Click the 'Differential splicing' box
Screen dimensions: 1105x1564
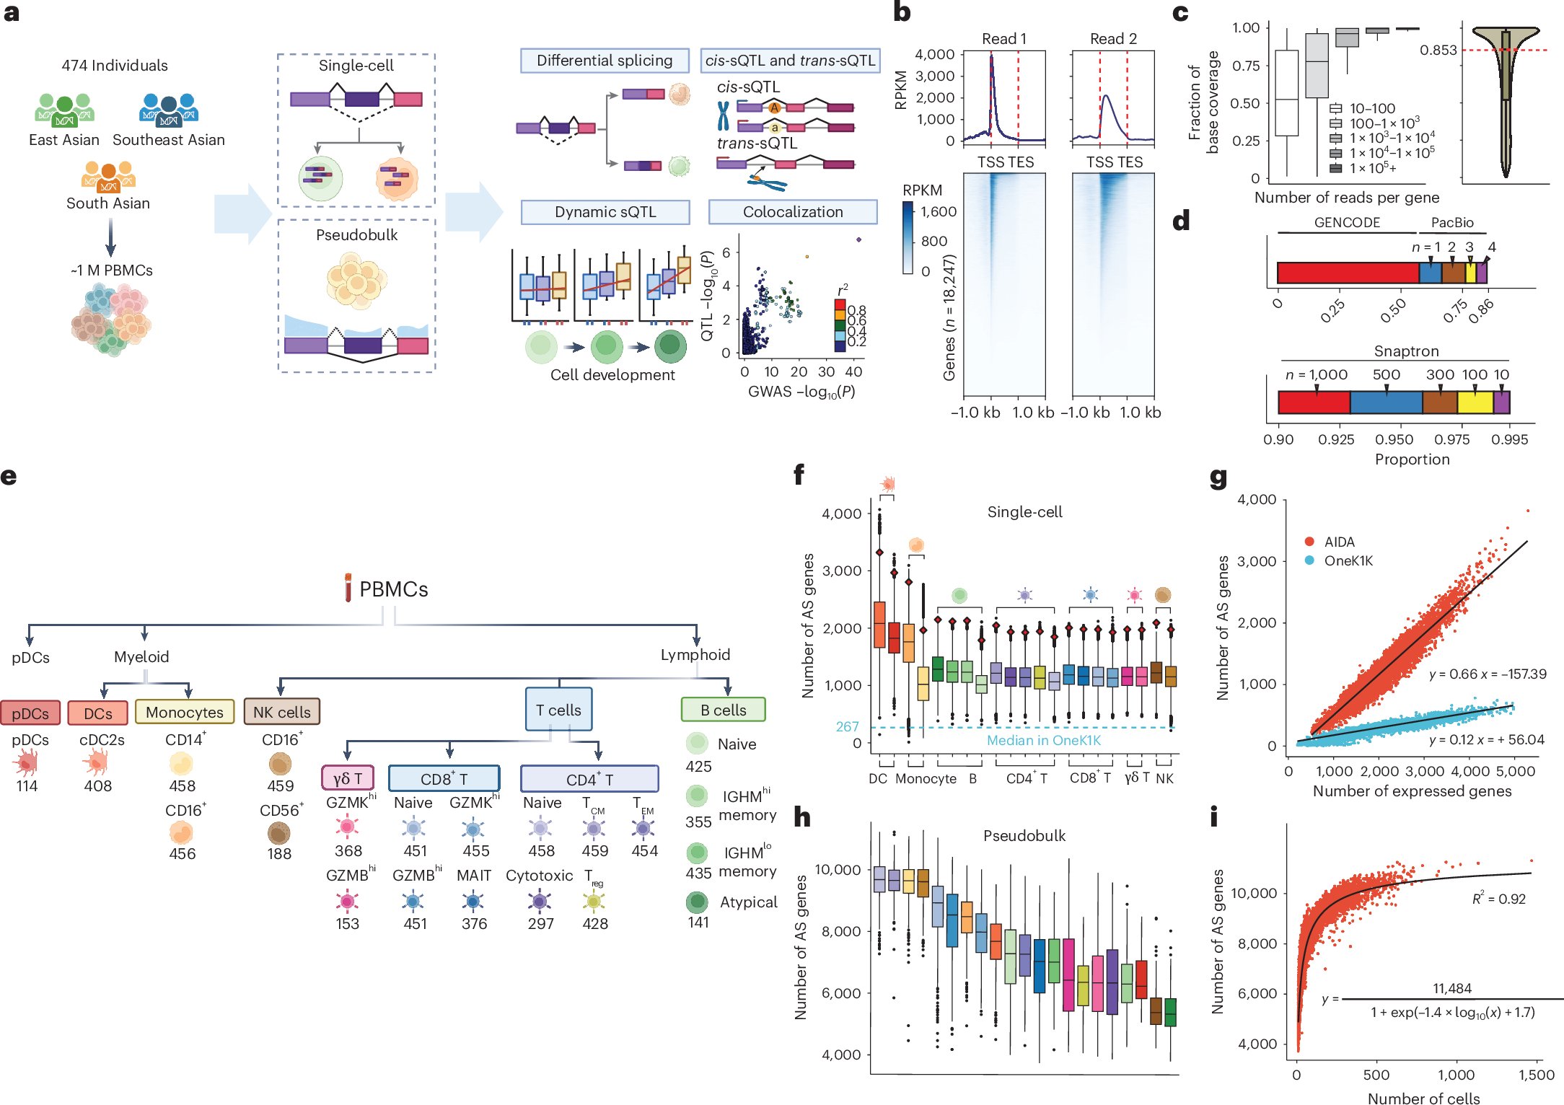click(604, 61)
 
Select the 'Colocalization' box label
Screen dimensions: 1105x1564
click(792, 212)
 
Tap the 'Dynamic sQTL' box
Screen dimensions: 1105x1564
click(605, 212)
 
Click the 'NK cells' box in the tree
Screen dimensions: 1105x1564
click(281, 712)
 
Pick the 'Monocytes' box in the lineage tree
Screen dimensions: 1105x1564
click(185, 712)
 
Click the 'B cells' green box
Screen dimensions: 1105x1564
click(723, 710)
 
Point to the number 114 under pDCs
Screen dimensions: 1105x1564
click(27, 786)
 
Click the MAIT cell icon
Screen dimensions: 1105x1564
click(473, 901)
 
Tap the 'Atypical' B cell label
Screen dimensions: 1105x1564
click(748, 902)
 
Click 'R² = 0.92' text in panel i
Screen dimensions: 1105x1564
click(1498, 899)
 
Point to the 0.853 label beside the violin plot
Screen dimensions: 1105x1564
click(1438, 50)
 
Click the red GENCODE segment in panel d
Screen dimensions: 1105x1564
click(1347, 273)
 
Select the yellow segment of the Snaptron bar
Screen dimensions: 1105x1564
click(1475, 402)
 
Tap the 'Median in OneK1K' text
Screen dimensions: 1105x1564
click(1043, 740)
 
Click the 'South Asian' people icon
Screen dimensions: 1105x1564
click(108, 175)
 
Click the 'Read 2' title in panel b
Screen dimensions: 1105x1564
click(1112, 39)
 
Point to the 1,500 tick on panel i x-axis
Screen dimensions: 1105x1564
click(1536, 1075)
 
